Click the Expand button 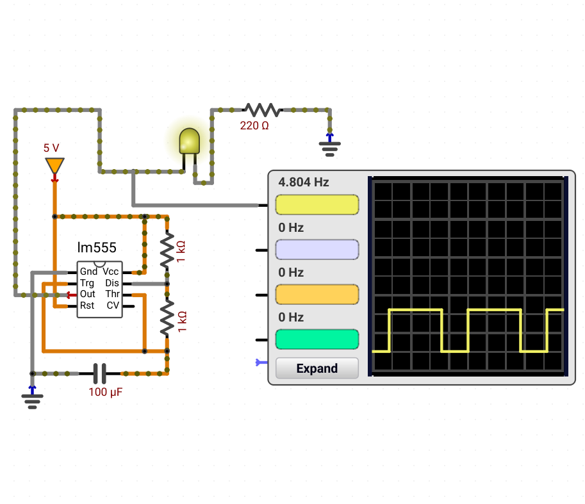[x=317, y=368]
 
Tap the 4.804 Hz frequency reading [x=304, y=182]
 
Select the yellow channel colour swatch [x=317, y=205]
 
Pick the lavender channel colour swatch [x=317, y=249]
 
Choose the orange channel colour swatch [x=317, y=295]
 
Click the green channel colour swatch [x=317, y=339]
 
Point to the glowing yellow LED [x=190, y=141]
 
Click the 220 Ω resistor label [x=254, y=126]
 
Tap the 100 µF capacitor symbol [x=99, y=373]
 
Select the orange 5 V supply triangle [x=55, y=165]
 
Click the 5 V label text [x=51, y=148]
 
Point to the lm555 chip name [x=97, y=248]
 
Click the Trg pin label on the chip [x=87, y=283]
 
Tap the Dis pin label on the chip [x=112, y=283]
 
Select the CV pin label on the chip [x=113, y=305]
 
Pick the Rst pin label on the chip [x=87, y=305]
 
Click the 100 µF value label [x=106, y=392]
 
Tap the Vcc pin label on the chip [x=111, y=272]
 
